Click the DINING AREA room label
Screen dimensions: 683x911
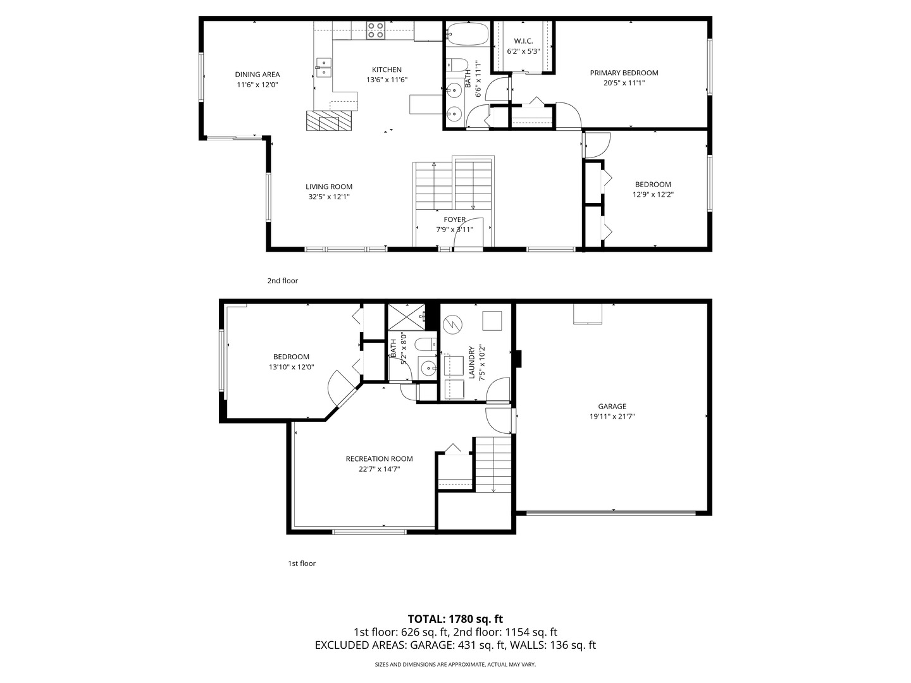click(x=257, y=75)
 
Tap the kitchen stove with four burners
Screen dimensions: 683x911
click(x=376, y=30)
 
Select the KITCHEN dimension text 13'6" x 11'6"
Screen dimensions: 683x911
click(x=387, y=80)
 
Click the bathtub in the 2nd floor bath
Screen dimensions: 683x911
click(x=468, y=34)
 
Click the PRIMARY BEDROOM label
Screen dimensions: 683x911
click(x=624, y=73)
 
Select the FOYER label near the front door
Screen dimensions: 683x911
click(x=454, y=219)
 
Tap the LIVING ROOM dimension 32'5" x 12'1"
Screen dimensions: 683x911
click(x=329, y=197)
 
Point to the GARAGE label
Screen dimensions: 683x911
click(x=612, y=407)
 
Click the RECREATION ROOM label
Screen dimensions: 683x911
click(x=379, y=459)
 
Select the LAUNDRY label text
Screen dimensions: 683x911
click(x=471, y=362)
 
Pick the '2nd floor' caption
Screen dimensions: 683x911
click(x=282, y=281)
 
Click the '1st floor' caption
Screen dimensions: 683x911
click(x=302, y=563)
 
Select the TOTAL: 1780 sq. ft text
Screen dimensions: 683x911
click(x=455, y=619)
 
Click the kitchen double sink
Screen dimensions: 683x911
click(x=323, y=67)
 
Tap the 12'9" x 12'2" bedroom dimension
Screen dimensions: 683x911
click(x=654, y=195)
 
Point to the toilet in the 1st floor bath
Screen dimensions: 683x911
click(x=425, y=345)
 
